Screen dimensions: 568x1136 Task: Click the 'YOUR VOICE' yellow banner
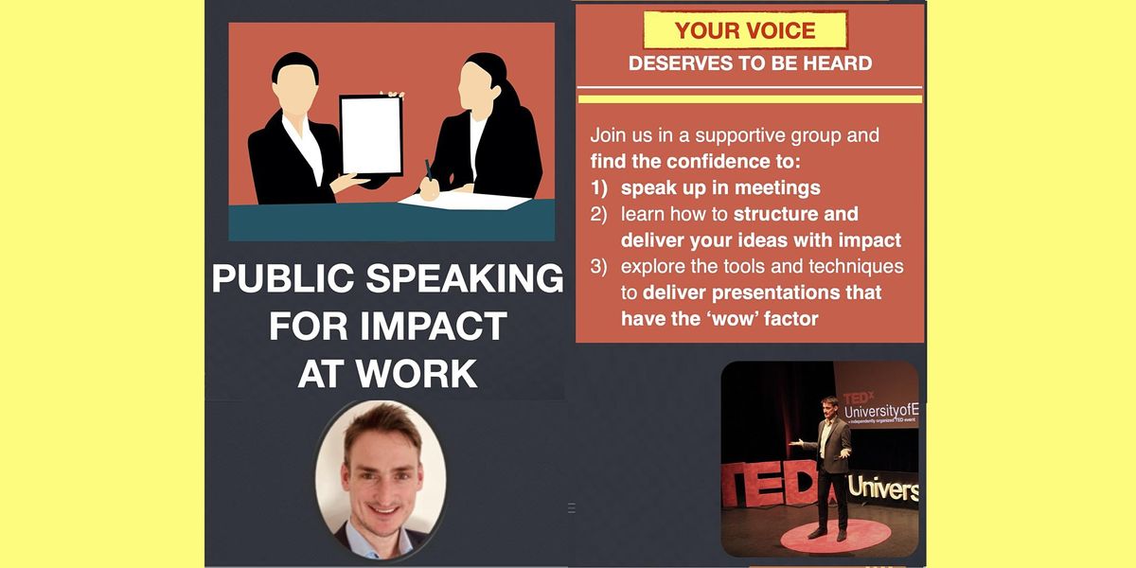pyautogui.click(x=745, y=30)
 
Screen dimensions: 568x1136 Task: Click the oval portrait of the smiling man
pyautogui.click(x=381, y=479)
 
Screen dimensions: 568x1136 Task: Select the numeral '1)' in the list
pyautogui.click(x=598, y=187)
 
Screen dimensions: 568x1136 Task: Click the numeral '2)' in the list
pyautogui.click(x=598, y=214)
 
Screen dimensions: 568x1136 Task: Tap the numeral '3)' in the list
pyautogui.click(x=598, y=267)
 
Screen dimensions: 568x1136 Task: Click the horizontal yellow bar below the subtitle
pyautogui.click(x=749, y=98)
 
